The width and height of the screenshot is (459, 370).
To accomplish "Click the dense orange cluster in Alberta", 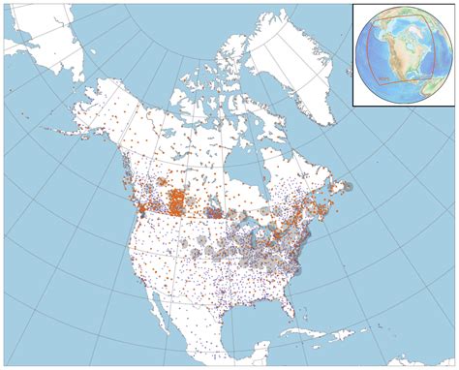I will [176, 202].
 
